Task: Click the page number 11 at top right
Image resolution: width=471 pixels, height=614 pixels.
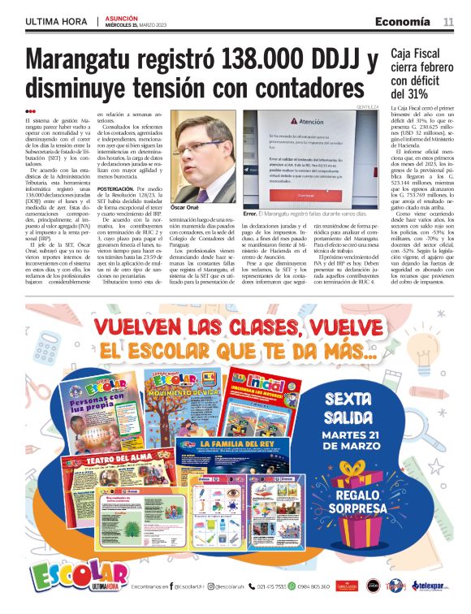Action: (447, 20)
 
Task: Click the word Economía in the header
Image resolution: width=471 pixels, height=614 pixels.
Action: (402, 20)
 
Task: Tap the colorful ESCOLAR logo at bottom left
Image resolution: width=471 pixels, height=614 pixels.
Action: (68, 576)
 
